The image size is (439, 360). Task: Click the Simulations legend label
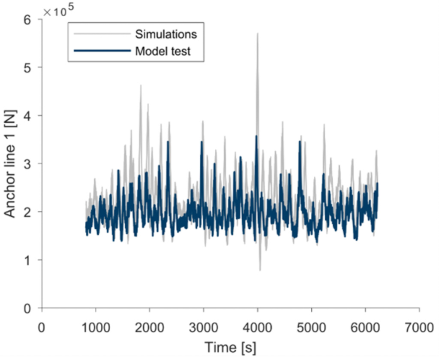click(165, 33)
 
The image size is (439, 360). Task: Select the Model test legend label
click(163, 51)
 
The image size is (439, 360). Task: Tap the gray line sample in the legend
click(102, 33)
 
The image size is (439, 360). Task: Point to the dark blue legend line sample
click(102, 51)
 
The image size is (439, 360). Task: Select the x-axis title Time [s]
click(230, 347)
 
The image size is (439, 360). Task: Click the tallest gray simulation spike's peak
click(258, 33)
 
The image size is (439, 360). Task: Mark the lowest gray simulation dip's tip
click(260, 270)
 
